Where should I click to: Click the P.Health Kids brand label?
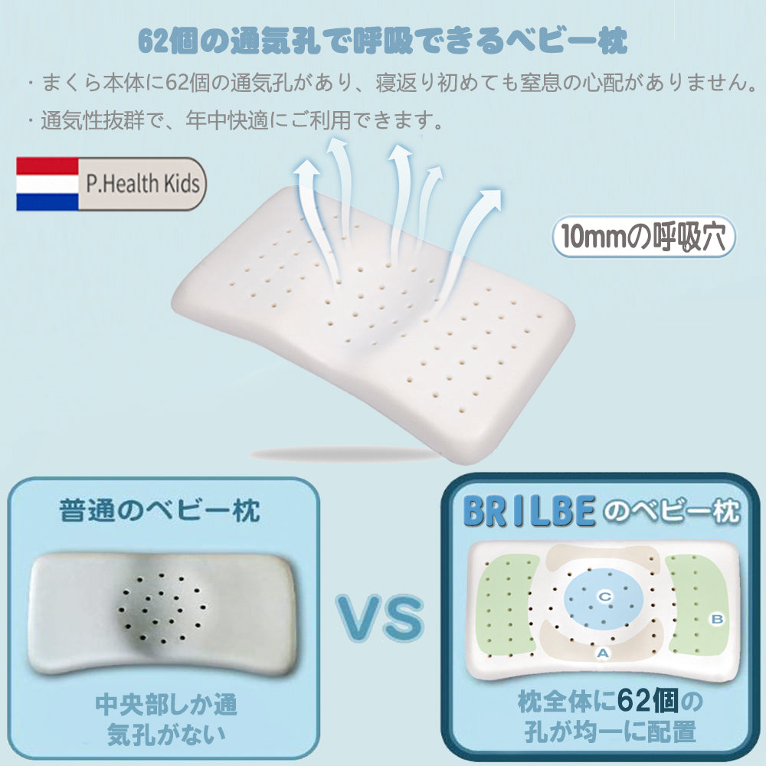pyautogui.click(x=143, y=184)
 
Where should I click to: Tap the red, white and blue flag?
pyautogui.click(x=47, y=185)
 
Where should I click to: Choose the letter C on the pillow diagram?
pyautogui.click(x=604, y=595)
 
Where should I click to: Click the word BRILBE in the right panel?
pyautogui.click(x=529, y=513)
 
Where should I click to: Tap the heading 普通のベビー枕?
pyautogui.click(x=159, y=511)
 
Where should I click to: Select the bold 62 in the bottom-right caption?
pyautogui.click(x=638, y=700)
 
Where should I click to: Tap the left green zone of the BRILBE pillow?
pyautogui.click(x=506, y=605)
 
